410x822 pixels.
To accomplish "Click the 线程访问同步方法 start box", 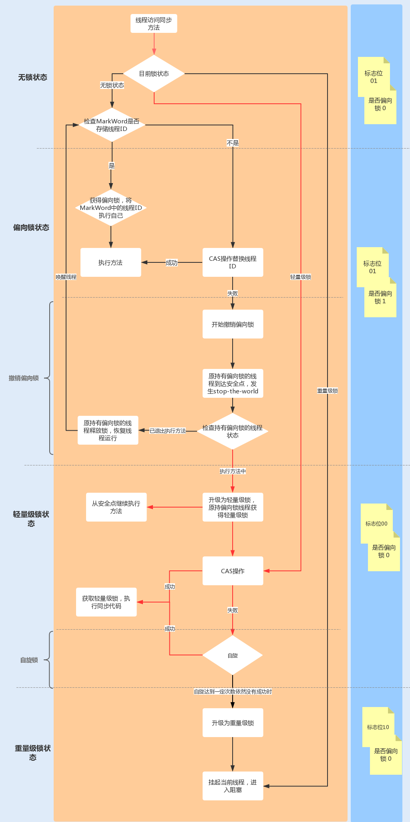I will tap(154, 24).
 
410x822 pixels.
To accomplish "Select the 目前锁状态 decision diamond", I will tap(154, 74).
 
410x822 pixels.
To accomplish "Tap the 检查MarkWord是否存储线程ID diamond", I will tap(112, 125).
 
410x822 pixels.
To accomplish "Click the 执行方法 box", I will tap(111, 263).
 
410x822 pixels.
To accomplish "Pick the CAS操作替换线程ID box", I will tap(233, 262).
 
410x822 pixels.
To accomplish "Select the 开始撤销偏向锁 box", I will tap(233, 324).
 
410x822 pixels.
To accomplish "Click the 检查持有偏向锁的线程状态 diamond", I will tap(233, 431).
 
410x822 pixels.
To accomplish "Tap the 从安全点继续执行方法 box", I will tap(116, 507).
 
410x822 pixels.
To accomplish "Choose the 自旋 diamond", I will tap(233, 655).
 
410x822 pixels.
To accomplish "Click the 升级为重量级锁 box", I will tap(233, 723).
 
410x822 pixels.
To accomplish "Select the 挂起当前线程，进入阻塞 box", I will tap(233, 786).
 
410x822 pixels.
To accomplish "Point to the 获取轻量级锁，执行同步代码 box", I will tap(106, 602).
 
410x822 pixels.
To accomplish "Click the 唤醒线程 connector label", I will tap(66, 277).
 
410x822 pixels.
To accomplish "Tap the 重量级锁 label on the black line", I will tap(328, 391).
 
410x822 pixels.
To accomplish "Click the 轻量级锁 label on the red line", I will tap(301, 277).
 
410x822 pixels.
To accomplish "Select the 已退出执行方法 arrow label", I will tap(168, 431).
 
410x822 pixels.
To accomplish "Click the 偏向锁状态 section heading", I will tap(31, 228).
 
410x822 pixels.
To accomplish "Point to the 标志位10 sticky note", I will tap(378, 727).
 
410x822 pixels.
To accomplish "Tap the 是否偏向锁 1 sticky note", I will tap(380, 298).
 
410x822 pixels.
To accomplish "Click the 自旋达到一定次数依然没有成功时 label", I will tap(233, 691).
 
